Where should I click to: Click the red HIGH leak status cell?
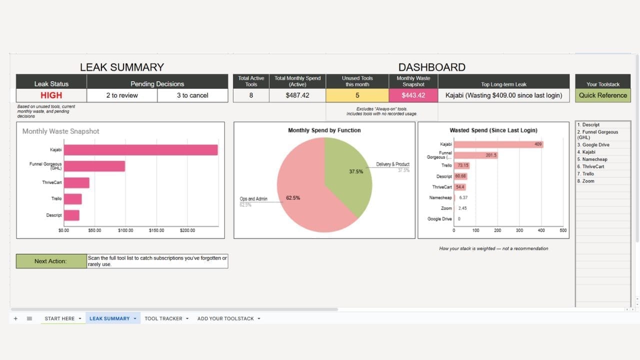point(51,95)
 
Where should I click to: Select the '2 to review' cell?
point(121,95)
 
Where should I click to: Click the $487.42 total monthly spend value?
point(297,95)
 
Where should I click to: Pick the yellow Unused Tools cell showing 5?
point(357,95)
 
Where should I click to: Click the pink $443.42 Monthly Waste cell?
point(413,95)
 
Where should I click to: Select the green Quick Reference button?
point(602,95)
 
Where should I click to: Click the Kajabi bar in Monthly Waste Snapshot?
point(140,150)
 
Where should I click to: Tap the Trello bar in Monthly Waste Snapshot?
point(72,199)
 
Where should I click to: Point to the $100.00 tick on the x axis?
point(125,230)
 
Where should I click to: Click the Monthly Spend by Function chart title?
point(324,130)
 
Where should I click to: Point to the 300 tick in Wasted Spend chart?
point(519,230)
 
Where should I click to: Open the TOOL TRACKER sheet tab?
point(163,318)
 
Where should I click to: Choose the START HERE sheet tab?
point(59,318)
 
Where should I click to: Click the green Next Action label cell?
point(51,261)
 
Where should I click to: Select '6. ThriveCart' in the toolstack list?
point(593,166)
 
